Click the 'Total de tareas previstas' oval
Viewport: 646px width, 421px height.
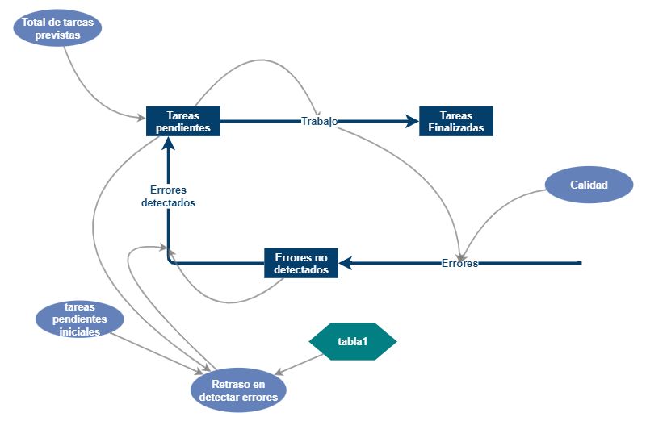tap(57, 28)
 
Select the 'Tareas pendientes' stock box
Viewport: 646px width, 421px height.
tap(183, 121)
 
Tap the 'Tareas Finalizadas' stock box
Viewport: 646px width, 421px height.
tap(455, 121)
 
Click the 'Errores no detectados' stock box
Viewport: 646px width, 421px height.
tap(301, 263)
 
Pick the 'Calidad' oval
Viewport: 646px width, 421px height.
tap(589, 185)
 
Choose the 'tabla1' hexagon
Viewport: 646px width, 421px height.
tap(353, 341)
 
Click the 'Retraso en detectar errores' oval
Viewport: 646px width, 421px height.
tap(238, 390)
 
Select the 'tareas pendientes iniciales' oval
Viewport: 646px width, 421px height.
tap(81, 319)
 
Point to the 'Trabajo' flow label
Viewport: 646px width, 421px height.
tap(319, 122)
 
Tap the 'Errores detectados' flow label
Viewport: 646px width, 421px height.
tap(168, 197)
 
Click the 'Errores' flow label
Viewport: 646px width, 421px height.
tap(459, 263)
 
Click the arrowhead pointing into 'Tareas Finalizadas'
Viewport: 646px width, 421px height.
tap(412, 121)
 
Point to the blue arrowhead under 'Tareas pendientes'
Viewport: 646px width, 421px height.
tap(168, 143)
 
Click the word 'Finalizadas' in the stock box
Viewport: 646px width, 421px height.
tap(455, 127)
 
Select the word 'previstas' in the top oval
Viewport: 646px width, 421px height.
tap(57, 35)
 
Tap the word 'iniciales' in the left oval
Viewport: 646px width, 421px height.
tap(81, 331)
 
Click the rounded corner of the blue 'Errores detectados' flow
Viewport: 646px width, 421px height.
tap(170, 261)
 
